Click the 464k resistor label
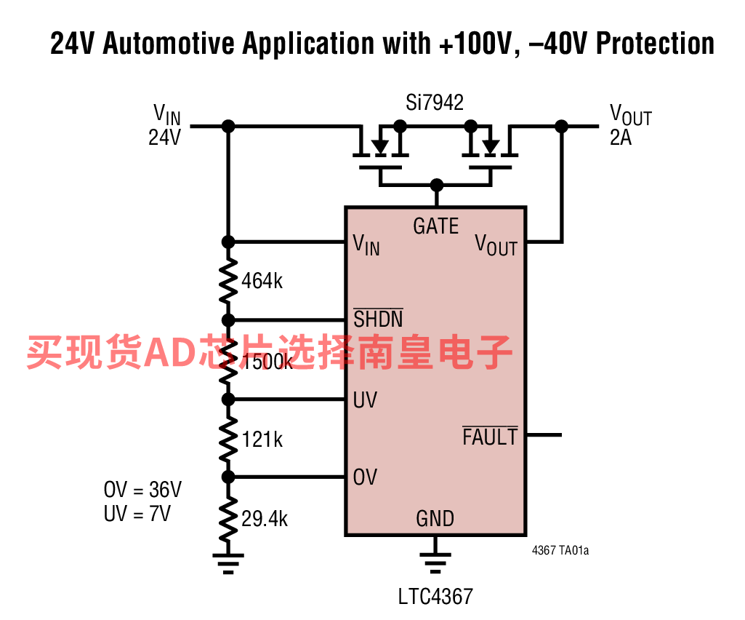[262, 281]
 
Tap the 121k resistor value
[262, 439]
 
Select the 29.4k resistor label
[265, 518]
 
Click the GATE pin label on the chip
[436, 226]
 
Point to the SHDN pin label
[378, 319]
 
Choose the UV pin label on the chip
[365, 400]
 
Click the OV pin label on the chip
[365, 477]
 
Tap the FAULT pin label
[490, 437]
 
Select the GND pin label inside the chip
[435, 518]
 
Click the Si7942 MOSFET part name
[435, 103]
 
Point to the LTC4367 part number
[435, 597]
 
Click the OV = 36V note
[142, 489]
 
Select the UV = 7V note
[137, 513]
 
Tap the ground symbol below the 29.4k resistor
[228, 562]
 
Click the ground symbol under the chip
[435, 562]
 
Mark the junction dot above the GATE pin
[436, 184]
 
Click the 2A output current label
[621, 138]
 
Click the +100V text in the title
[473, 44]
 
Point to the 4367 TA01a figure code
[560, 551]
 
